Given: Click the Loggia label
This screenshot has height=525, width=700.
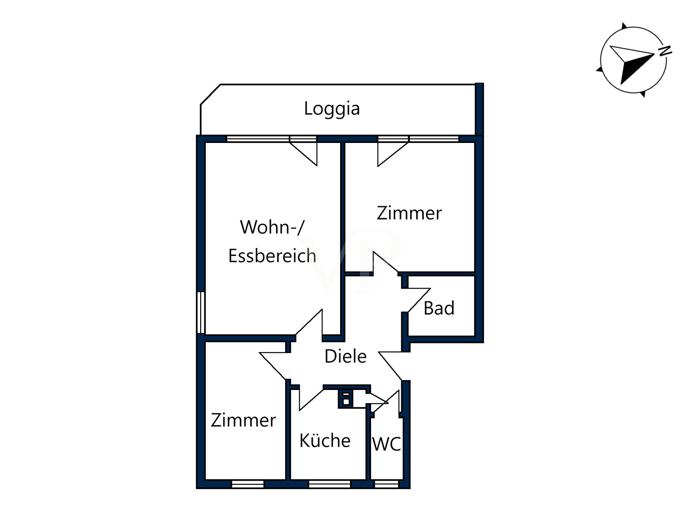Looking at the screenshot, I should click(332, 109).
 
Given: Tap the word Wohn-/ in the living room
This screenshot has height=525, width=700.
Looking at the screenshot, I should click(272, 227).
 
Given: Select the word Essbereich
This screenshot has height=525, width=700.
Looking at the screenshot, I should click(272, 256).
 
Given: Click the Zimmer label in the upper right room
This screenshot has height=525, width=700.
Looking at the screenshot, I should click(409, 213).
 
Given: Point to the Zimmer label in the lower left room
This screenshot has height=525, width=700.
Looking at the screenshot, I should click(243, 420).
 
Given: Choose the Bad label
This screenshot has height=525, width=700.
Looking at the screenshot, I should click(439, 308).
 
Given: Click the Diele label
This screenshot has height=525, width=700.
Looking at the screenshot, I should click(345, 356).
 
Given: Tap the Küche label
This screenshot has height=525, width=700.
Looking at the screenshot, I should click(325, 440).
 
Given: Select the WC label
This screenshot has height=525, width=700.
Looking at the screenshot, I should click(386, 444).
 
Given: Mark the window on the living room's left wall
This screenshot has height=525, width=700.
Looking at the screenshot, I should click(201, 312).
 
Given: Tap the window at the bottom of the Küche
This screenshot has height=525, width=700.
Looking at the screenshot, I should click(329, 484).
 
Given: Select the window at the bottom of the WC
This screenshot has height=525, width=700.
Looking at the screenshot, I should click(386, 484).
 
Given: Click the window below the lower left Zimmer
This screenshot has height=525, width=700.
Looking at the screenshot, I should click(248, 484).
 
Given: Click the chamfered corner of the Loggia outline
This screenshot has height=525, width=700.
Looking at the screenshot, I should click(210, 94).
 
